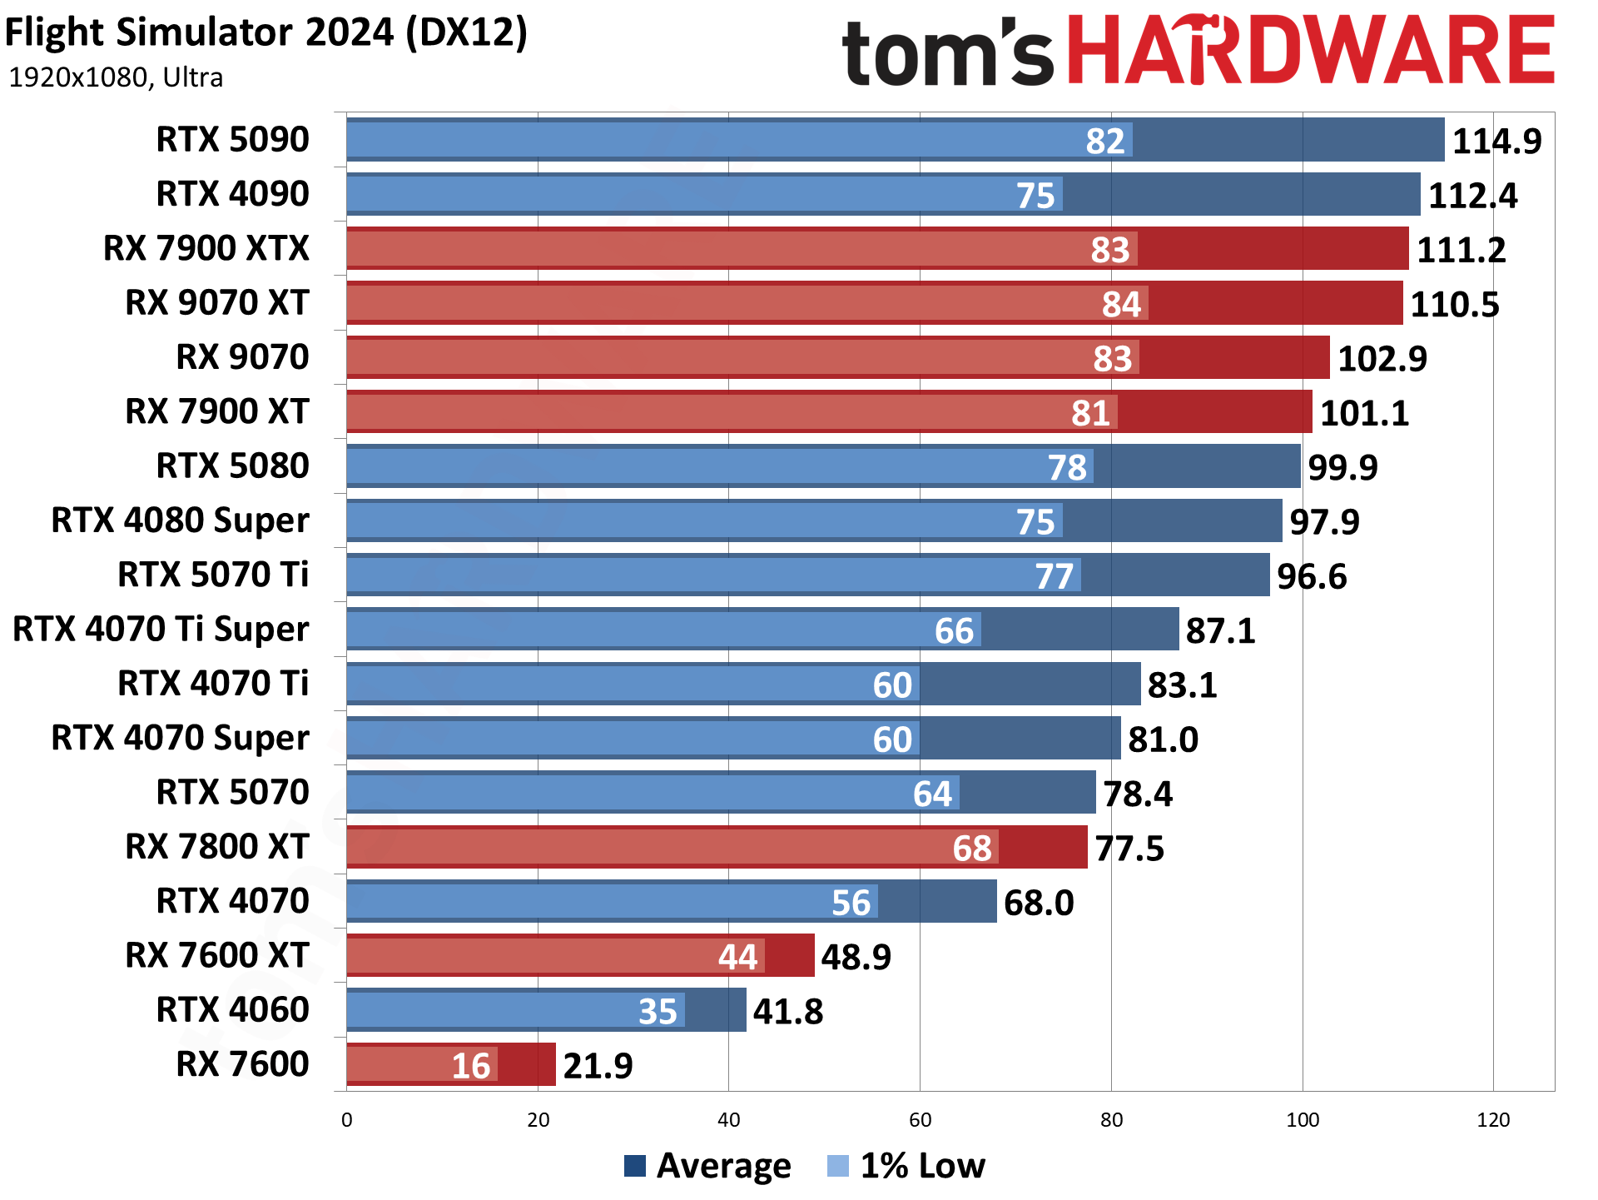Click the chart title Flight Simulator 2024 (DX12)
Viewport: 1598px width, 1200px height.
(266, 33)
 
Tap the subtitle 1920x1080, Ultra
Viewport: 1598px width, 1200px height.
(116, 77)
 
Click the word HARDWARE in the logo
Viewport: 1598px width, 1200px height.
(1310, 52)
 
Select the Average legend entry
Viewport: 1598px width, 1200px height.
(707, 1165)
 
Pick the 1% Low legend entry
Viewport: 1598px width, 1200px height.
(907, 1165)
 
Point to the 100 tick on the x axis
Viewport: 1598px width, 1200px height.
(1303, 1120)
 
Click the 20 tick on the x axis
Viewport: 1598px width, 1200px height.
(538, 1120)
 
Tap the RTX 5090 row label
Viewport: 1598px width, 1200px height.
(232, 139)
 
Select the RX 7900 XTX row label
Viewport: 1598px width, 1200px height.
(206, 248)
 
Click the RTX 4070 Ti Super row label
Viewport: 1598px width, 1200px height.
(161, 629)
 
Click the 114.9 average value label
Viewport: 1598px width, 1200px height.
(1496, 141)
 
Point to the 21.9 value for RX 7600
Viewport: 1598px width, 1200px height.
(598, 1066)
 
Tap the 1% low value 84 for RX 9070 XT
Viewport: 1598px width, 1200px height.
(1121, 304)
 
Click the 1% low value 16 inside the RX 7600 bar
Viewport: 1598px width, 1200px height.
(471, 1066)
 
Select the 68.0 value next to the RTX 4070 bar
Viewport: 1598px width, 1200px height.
(1039, 903)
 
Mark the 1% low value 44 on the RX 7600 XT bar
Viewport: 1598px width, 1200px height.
(737, 957)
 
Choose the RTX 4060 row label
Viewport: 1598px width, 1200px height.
(232, 1009)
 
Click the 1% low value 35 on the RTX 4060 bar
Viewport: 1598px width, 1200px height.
(658, 1011)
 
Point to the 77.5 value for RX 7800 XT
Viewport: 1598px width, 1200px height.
(1129, 849)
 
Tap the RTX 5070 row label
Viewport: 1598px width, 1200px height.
(232, 792)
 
